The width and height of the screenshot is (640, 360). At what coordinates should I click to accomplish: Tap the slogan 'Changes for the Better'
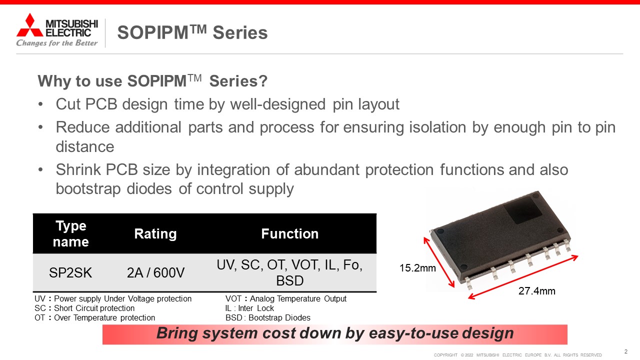(x=57, y=43)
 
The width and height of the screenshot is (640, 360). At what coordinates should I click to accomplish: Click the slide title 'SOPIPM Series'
(x=192, y=32)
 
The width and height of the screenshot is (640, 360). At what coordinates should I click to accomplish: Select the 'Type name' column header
(x=71, y=233)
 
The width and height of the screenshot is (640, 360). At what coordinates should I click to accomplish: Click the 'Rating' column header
(x=155, y=233)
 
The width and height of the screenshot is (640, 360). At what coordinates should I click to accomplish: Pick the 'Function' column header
(x=289, y=233)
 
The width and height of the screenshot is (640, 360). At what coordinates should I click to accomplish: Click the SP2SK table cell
(x=70, y=272)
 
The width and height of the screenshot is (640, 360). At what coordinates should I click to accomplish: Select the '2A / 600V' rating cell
(x=155, y=272)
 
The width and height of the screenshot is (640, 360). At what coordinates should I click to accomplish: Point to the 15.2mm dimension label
(x=417, y=268)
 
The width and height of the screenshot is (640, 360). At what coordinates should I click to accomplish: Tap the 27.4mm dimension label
(x=537, y=291)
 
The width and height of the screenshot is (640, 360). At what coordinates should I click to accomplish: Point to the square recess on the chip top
(x=523, y=210)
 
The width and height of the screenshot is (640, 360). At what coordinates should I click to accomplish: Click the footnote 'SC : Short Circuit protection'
(x=84, y=308)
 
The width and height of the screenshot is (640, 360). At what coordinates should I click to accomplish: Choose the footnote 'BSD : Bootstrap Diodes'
(x=267, y=317)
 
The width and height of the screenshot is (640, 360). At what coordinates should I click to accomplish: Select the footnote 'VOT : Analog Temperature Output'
(x=285, y=298)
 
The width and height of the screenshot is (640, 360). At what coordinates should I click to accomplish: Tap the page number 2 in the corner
(x=625, y=351)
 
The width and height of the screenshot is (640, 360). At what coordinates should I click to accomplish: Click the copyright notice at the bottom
(x=517, y=355)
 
